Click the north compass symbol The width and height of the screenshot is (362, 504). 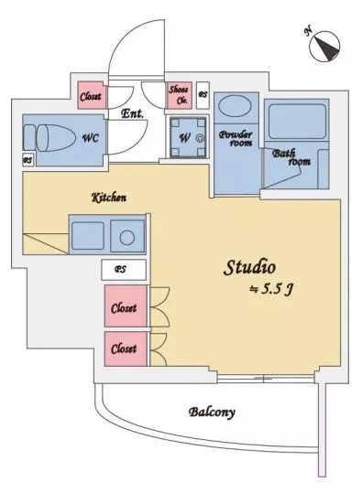click(324, 47)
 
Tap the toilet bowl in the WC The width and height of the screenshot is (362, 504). click(53, 137)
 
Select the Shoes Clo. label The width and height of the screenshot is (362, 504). click(179, 94)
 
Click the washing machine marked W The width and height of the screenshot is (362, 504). click(188, 137)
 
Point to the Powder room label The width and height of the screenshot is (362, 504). click(236, 138)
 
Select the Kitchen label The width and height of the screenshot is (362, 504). click(109, 198)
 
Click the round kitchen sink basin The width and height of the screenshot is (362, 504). click(127, 238)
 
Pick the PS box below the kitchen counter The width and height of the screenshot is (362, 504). click(124, 270)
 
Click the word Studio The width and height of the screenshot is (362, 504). click(249, 267)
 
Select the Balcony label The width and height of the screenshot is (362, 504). click(212, 412)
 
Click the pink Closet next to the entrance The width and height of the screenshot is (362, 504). click(91, 96)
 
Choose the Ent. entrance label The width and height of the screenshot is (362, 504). click(132, 113)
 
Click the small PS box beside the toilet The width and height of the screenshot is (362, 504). click(28, 159)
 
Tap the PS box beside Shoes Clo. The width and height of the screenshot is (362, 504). click(203, 95)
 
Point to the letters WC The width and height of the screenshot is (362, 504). click(91, 138)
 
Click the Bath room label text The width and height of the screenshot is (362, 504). click(291, 157)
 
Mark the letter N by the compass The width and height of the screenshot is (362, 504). click(308, 31)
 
